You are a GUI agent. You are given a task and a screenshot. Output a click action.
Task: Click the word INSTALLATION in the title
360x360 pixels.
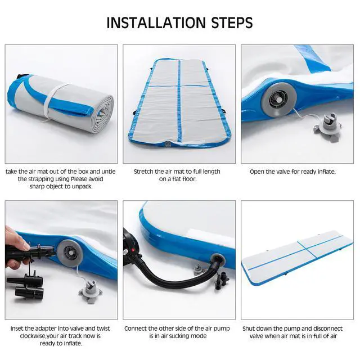click(156, 22)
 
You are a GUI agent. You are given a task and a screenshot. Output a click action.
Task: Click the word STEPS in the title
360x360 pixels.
click(232, 22)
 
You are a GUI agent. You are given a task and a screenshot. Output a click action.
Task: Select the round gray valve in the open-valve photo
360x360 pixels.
click(279, 100)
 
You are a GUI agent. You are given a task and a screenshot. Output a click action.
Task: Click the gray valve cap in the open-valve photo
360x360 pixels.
click(327, 125)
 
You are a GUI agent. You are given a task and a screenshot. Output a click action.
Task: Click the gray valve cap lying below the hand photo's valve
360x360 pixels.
click(90, 290)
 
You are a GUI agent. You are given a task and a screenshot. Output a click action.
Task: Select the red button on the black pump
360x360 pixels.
click(133, 250)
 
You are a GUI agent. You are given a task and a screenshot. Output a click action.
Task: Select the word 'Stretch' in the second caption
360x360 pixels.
click(143, 172)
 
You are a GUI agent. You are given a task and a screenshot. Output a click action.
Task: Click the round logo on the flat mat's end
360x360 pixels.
click(167, 144)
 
